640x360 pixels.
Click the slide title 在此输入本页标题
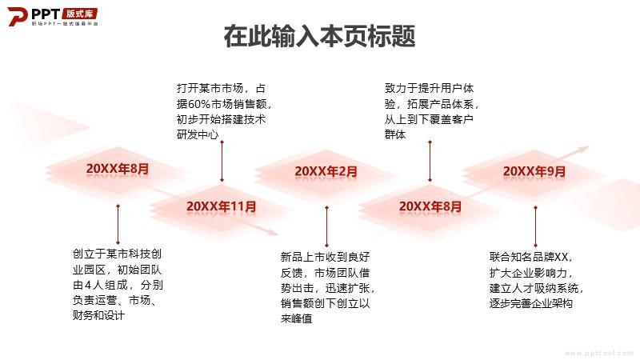point(319,36)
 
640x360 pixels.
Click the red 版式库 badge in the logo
point(79,14)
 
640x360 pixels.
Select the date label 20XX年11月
point(222,206)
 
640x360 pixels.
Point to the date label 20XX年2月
point(326,171)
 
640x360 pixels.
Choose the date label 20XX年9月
point(534,171)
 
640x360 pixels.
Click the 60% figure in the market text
point(198,104)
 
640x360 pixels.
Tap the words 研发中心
point(198,134)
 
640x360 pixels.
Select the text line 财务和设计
point(98,315)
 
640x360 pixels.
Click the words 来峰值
point(296,318)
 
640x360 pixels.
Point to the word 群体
point(395,134)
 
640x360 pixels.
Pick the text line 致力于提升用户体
point(429,88)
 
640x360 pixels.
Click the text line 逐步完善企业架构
point(531,303)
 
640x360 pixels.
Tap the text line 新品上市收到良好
point(325,257)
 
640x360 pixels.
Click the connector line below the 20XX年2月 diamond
point(326,226)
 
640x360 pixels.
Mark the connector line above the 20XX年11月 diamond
point(222,162)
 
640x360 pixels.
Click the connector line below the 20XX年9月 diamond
point(535,226)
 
